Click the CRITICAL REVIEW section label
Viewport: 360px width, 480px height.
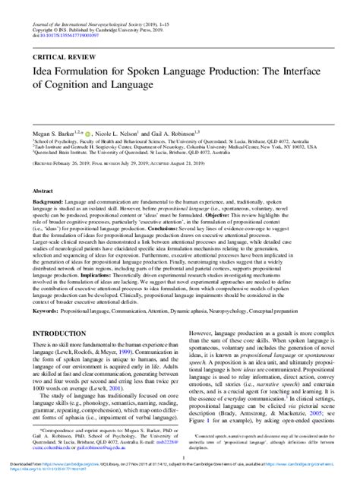pos(63,57)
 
